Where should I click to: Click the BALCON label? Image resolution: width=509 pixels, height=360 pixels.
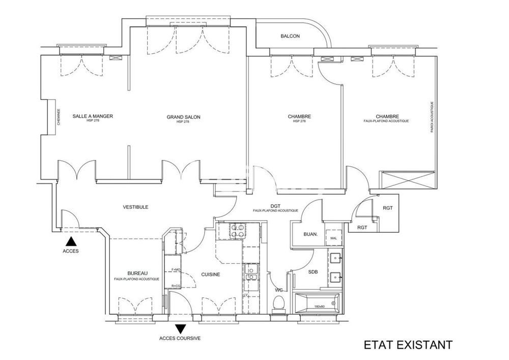(x=290, y=36)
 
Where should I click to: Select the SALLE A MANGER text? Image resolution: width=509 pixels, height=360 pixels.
(x=93, y=116)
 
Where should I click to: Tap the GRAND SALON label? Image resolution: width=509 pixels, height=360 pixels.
(x=183, y=117)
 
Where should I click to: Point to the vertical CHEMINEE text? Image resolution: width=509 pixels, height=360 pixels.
(x=59, y=117)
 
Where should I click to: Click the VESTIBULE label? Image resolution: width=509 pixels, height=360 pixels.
(x=135, y=207)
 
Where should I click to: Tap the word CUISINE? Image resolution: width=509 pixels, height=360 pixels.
(x=210, y=274)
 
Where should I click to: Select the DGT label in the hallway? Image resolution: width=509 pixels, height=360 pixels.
(x=275, y=206)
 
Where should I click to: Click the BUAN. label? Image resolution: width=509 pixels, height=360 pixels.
(x=310, y=235)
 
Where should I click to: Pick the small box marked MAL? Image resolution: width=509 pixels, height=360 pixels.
(x=334, y=238)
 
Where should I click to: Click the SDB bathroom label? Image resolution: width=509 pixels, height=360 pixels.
(x=313, y=272)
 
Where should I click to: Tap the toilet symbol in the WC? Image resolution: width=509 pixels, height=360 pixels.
(x=278, y=304)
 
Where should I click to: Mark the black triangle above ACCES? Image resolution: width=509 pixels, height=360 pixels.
(x=71, y=241)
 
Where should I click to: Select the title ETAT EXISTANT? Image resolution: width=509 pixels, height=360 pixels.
(x=408, y=345)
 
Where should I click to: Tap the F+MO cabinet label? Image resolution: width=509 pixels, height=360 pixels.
(x=176, y=269)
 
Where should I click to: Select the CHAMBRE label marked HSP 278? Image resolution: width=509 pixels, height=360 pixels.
(x=299, y=117)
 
